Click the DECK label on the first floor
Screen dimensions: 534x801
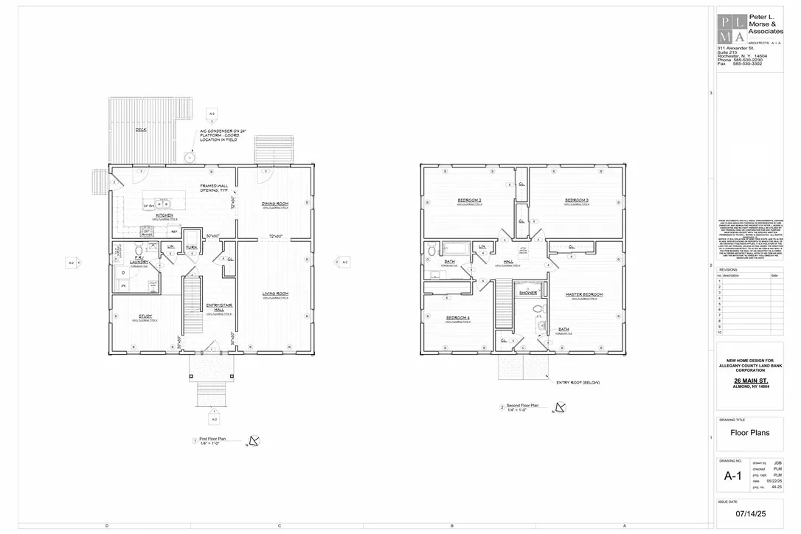coord(140,130)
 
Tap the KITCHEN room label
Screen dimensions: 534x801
coord(164,215)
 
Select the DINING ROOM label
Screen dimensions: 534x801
coord(274,203)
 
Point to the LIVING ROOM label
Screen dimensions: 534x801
coord(275,294)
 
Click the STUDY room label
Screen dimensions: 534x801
coord(145,316)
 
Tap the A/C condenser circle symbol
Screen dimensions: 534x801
coord(189,157)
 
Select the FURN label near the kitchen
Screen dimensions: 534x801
coord(191,247)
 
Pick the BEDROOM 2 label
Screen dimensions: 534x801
coord(469,201)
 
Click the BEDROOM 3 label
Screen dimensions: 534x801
coord(577,201)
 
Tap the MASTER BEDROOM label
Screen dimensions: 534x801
coord(584,294)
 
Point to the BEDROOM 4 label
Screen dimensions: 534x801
coord(457,318)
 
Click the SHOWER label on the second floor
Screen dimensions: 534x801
coord(528,293)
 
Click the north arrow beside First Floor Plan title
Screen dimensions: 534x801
coord(254,441)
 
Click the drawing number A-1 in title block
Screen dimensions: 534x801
coord(732,476)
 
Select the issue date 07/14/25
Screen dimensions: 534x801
coord(749,513)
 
